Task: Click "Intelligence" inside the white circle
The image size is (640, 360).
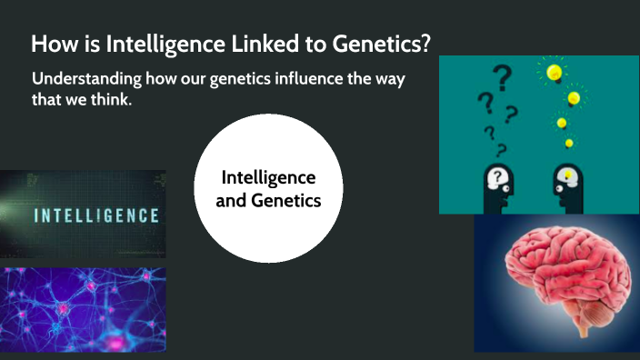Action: click(x=268, y=177)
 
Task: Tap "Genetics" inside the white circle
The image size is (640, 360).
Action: click(x=288, y=200)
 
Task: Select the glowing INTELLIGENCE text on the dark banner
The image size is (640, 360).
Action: click(x=96, y=216)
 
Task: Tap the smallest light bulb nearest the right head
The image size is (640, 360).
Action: click(x=569, y=143)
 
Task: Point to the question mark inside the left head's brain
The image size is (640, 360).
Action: click(x=497, y=176)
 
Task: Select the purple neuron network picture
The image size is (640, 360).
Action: click(x=83, y=309)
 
